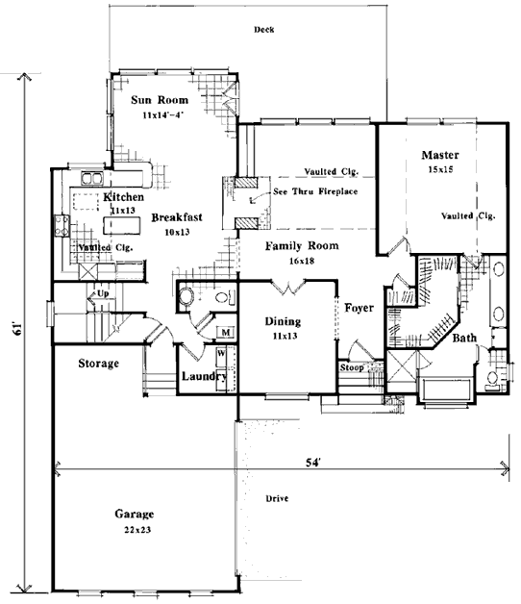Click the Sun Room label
pyautogui.click(x=160, y=100)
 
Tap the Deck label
pyautogui.click(x=264, y=30)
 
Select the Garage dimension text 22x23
pyautogui.click(x=137, y=530)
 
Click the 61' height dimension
pyautogui.click(x=16, y=331)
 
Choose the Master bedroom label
pyautogui.click(x=440, y=155)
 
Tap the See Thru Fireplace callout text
pyautogui.click(x=315, y=191)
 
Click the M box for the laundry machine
pyautogui.click(x=226, y=332)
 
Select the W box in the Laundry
pyautogui.click(x=221, y=353)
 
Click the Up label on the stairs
pyautogui.click(x=103, y=293)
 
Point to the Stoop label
pyautogui.click(x=352, y=367)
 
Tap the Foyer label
pyautogui.click(x=359, y=308)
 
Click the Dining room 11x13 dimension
pyautogui.click(x=285, y=337)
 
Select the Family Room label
pyautogui.click(x=302, y=246)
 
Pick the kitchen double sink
pyautogui.click(x=92, y=179)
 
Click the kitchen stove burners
pyautogui.click(x=62, y=226)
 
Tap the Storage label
pyautogui.click(x=99, y=364)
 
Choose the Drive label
pyautogui.click(x=277, y=498)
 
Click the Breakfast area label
pyautogui.click(x=177, y=217)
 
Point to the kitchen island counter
pyautogui.click(x=121, y=225)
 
